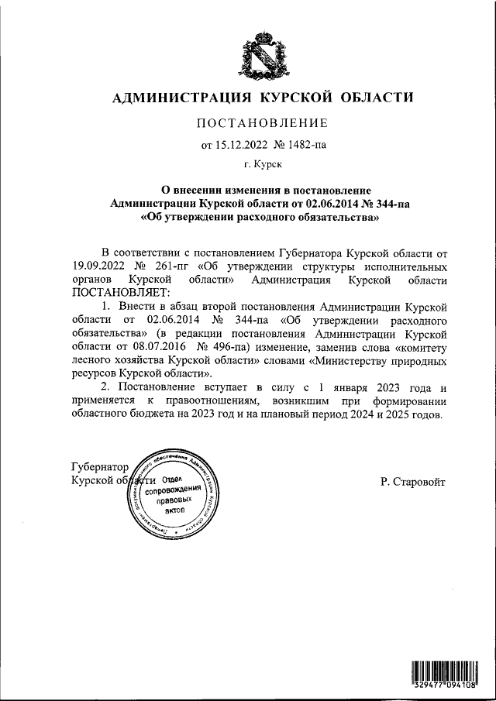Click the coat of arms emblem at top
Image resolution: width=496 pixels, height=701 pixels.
[263, 55]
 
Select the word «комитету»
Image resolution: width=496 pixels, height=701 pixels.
[418, 346]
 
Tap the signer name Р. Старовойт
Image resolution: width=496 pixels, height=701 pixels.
[413, 481]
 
